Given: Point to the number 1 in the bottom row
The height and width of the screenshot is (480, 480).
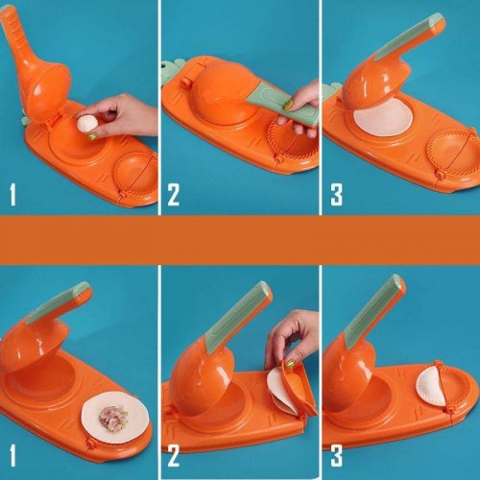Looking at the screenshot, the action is point(12,455).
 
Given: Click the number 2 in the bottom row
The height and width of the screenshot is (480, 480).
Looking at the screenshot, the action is point(174,455).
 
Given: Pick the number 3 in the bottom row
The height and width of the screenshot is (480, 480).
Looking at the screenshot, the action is point(337,455).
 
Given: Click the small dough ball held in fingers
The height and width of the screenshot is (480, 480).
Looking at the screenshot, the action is point(86,124).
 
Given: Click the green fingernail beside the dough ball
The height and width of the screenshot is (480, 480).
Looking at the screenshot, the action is point(92,136).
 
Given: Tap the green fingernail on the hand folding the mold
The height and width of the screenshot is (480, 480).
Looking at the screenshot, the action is point(290,364).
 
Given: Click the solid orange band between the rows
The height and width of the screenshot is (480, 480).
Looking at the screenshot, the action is point(240,240).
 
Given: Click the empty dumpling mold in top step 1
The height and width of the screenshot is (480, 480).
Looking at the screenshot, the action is point(136,175).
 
